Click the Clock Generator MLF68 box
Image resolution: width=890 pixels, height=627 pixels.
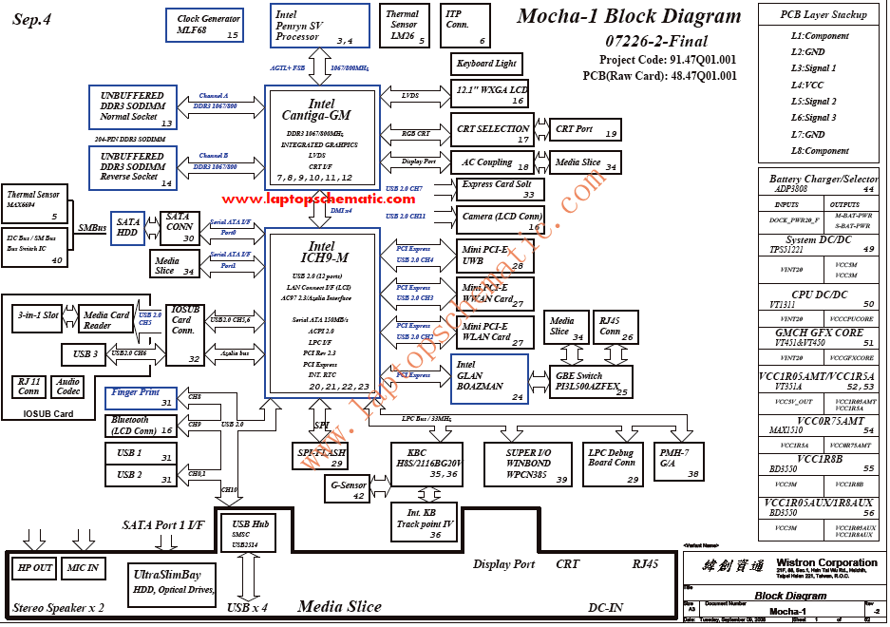(208, 26)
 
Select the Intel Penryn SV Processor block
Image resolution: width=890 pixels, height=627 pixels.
(320, 26)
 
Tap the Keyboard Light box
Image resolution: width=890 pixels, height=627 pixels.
(486, 64)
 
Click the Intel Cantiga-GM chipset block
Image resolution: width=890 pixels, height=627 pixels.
(323, 137)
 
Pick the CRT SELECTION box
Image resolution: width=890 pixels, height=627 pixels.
(492, 132)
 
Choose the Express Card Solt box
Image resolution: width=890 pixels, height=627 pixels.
(501, 189)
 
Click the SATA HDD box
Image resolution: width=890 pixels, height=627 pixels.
(128, 229)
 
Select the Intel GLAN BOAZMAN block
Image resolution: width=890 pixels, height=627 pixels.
(489, 378)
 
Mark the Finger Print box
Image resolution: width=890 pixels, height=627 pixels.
(142, 397)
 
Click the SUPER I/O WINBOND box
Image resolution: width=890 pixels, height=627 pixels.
(528, 465)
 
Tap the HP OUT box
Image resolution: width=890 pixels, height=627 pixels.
(36, 568)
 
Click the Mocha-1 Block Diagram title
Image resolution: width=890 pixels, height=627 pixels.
(629, 16)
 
